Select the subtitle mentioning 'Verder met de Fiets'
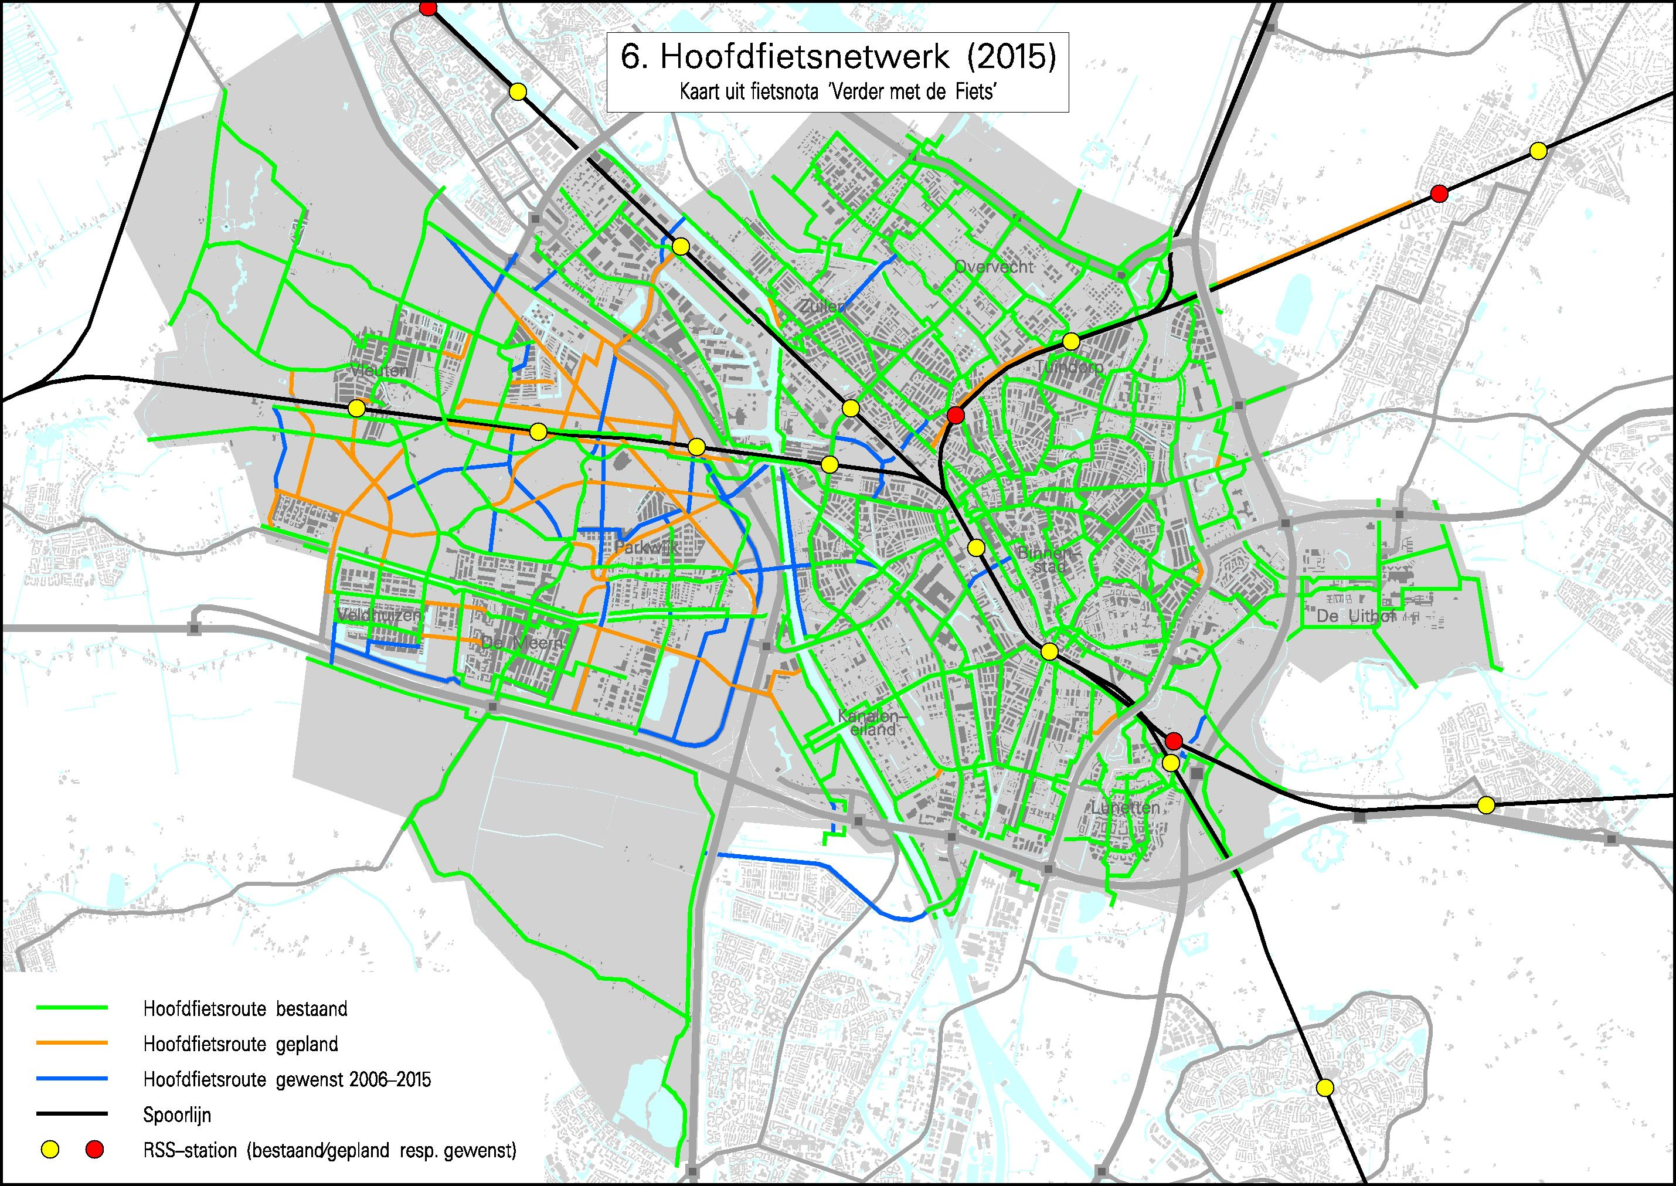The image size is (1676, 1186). pos(838,92)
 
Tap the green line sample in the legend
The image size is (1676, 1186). pos(72,1008)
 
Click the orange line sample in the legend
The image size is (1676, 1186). pos(72,1043)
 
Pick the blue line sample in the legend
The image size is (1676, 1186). pos(72,1079)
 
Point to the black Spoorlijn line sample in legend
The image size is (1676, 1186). pos(72,1114)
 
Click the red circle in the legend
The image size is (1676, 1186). pos(95,1150)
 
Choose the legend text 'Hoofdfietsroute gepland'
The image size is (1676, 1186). pos(240,1044)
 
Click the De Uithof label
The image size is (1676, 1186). pos(1355,616)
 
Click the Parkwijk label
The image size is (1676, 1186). pos(646,546)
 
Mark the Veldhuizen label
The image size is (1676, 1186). pos(379,616)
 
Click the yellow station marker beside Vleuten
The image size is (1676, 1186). pos(356,408)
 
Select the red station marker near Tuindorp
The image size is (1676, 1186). pos(955,416)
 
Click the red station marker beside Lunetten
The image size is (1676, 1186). pos(1174,741)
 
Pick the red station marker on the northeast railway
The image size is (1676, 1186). pos(1439,193)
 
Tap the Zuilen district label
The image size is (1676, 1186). pos(821,307)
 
